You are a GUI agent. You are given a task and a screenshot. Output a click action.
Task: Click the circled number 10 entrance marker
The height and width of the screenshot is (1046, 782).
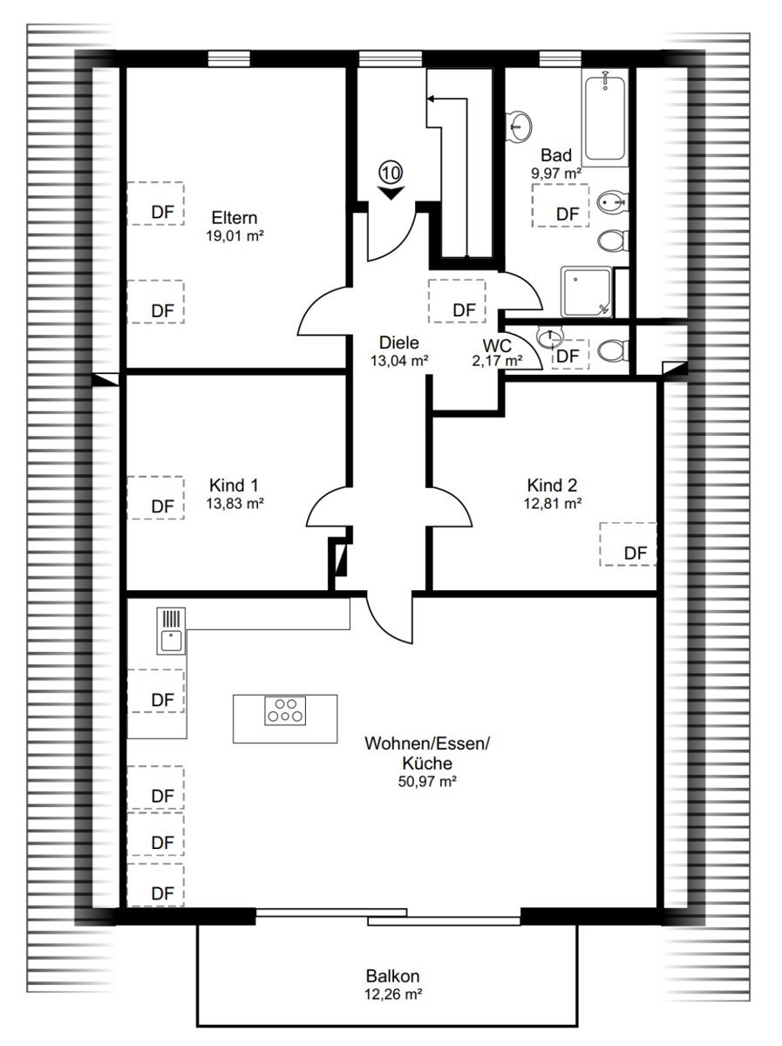coord(391,172)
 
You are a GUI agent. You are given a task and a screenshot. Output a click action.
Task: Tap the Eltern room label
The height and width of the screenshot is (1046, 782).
coord(235,218)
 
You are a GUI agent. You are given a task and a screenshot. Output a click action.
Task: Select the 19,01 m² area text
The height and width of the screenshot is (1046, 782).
coord(235,236)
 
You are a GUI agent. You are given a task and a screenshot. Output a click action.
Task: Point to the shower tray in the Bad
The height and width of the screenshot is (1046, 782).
coord(586,292)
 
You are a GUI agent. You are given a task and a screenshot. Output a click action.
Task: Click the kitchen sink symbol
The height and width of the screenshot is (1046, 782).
coord(171,630)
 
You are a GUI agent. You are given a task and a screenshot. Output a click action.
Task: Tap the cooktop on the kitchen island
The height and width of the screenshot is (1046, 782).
coord(285,710)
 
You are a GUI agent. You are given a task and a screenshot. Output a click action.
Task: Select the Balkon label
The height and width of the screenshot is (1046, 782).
coord(392,976)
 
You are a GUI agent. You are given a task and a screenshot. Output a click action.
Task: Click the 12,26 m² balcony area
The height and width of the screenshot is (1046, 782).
coord(394,994)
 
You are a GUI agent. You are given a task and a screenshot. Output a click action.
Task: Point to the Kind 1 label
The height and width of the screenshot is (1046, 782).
coord(234,486)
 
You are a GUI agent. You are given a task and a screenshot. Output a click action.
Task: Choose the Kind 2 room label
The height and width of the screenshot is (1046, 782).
coord(552,486)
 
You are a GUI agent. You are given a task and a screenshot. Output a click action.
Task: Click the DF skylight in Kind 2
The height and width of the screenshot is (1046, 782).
coord(628,544)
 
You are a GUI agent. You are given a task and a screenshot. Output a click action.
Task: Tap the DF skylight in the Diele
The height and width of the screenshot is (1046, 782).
coord(457,302)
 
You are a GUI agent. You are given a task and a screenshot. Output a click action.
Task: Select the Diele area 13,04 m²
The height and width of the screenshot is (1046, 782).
coord(399,361)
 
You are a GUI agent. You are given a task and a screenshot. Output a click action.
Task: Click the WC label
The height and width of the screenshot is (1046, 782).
coord(497,345)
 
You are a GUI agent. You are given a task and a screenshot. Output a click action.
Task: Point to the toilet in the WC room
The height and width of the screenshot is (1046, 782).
coord(612,351)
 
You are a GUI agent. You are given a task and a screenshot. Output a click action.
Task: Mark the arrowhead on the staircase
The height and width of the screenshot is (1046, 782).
coord(431,99)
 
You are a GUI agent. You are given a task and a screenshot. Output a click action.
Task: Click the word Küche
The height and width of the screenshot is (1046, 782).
coord(427,763)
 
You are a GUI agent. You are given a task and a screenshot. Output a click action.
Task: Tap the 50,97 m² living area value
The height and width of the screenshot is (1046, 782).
coord(427,781)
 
